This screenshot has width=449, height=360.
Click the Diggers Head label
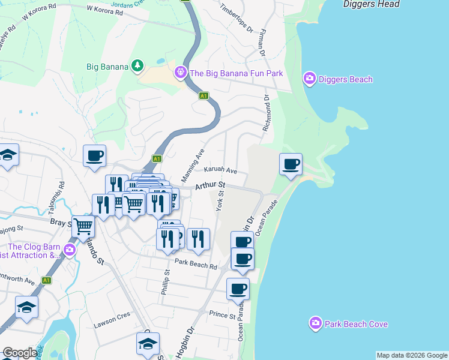370,4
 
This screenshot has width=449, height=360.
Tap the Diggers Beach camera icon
310,79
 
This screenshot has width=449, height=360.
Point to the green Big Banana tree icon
138,65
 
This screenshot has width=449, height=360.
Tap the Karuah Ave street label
220,171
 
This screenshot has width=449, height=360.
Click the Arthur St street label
209,186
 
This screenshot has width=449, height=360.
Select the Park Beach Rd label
196,264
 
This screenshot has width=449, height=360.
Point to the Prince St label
222,314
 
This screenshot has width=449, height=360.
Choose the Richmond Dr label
266,115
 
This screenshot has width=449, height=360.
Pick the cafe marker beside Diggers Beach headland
291,164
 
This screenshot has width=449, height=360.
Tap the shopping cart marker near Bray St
83,226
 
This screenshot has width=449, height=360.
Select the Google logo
20,353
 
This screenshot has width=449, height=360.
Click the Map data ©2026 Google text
412,355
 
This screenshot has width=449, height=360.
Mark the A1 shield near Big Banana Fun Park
204,95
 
